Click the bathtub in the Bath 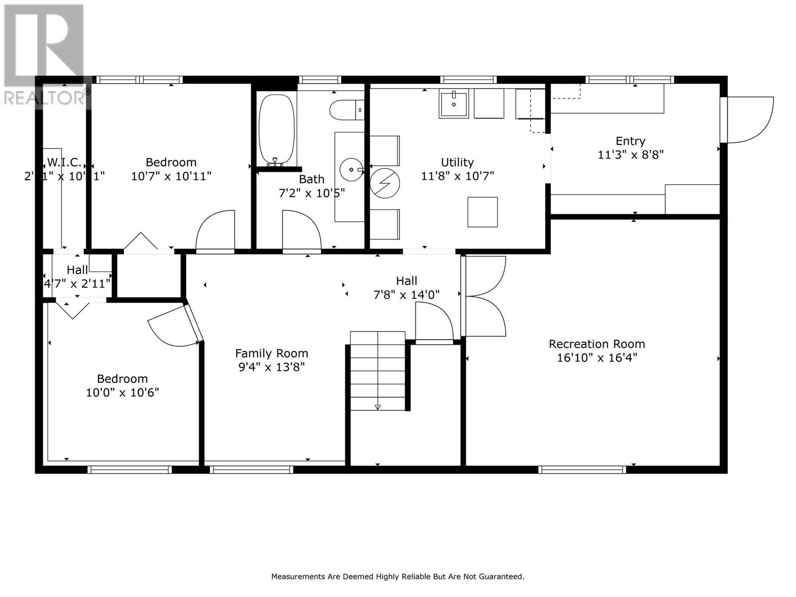(x=276, y=129)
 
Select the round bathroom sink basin (x=352, y=170)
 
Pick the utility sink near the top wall (x=453, y=104)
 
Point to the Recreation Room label (x=597, y=344)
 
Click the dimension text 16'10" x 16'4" (x=597, y=358)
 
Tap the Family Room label (x=272, y=353)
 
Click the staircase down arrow (x=378, y=407)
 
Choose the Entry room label (x=630, y=141)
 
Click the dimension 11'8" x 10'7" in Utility (x=457, y=176)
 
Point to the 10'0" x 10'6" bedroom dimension (x=122, y=393)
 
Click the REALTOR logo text (x=45, y=98)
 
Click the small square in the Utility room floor (x=482, y=212)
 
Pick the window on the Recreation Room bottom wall (x=582, y=469)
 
